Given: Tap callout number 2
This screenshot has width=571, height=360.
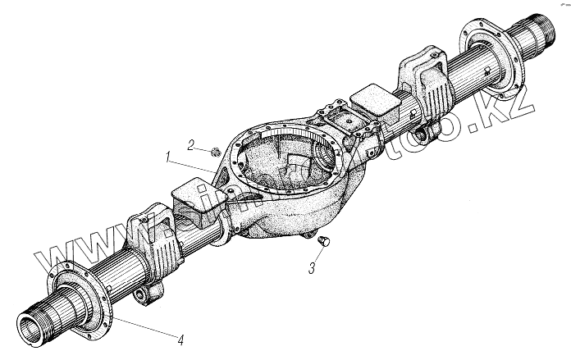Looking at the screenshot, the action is pyautogui.click(x=190, y=145).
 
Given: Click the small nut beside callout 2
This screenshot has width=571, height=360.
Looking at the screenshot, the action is pyautogui.click(x=212, y=150).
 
